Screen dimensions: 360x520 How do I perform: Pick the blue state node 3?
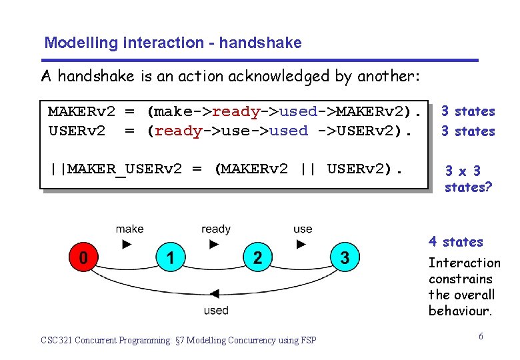point(345,258)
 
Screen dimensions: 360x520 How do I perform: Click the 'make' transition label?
point(129,229)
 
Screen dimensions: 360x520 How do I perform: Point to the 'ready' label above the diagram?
point(215,229)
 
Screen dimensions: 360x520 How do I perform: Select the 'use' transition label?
point(303,229)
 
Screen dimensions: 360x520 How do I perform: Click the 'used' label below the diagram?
point(215,310)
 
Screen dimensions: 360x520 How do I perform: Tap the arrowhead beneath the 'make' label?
point(127,244)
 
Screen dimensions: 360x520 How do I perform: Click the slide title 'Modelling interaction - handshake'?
point(173,43)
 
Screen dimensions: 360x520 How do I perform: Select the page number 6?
point(481,336)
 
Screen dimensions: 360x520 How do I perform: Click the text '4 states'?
point(455,241)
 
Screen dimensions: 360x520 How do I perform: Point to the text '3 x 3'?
point(463,171)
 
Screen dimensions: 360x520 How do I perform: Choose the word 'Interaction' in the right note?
point(464,263)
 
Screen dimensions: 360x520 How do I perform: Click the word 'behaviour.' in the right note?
point(461,311)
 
